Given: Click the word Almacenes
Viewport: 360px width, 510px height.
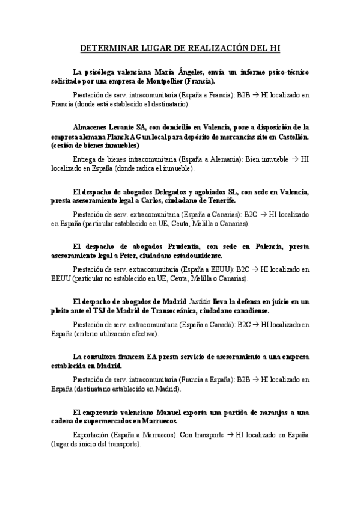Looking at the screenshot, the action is (91, 127).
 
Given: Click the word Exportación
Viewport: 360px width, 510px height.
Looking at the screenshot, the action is (91, 434).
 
